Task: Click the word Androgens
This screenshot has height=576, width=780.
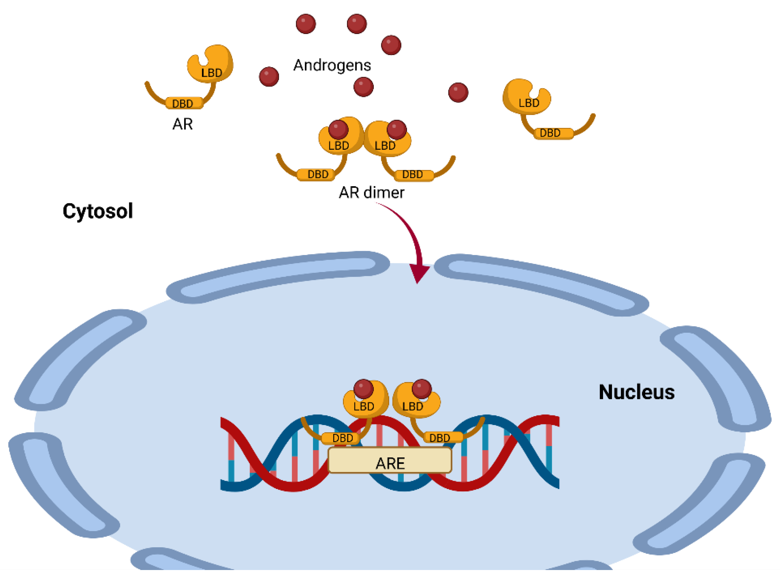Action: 332,65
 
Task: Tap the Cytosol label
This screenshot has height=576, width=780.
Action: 98,211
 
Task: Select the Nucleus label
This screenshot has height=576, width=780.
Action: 637,392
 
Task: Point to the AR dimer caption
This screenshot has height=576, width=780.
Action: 371,193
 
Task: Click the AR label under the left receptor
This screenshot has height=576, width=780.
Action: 183,124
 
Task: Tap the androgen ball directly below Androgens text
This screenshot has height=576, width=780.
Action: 363,87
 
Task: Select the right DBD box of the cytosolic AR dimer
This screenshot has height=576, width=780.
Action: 414,175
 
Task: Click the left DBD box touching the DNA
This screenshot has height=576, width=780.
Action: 340,438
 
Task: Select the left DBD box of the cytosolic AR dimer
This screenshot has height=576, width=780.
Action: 316,174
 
